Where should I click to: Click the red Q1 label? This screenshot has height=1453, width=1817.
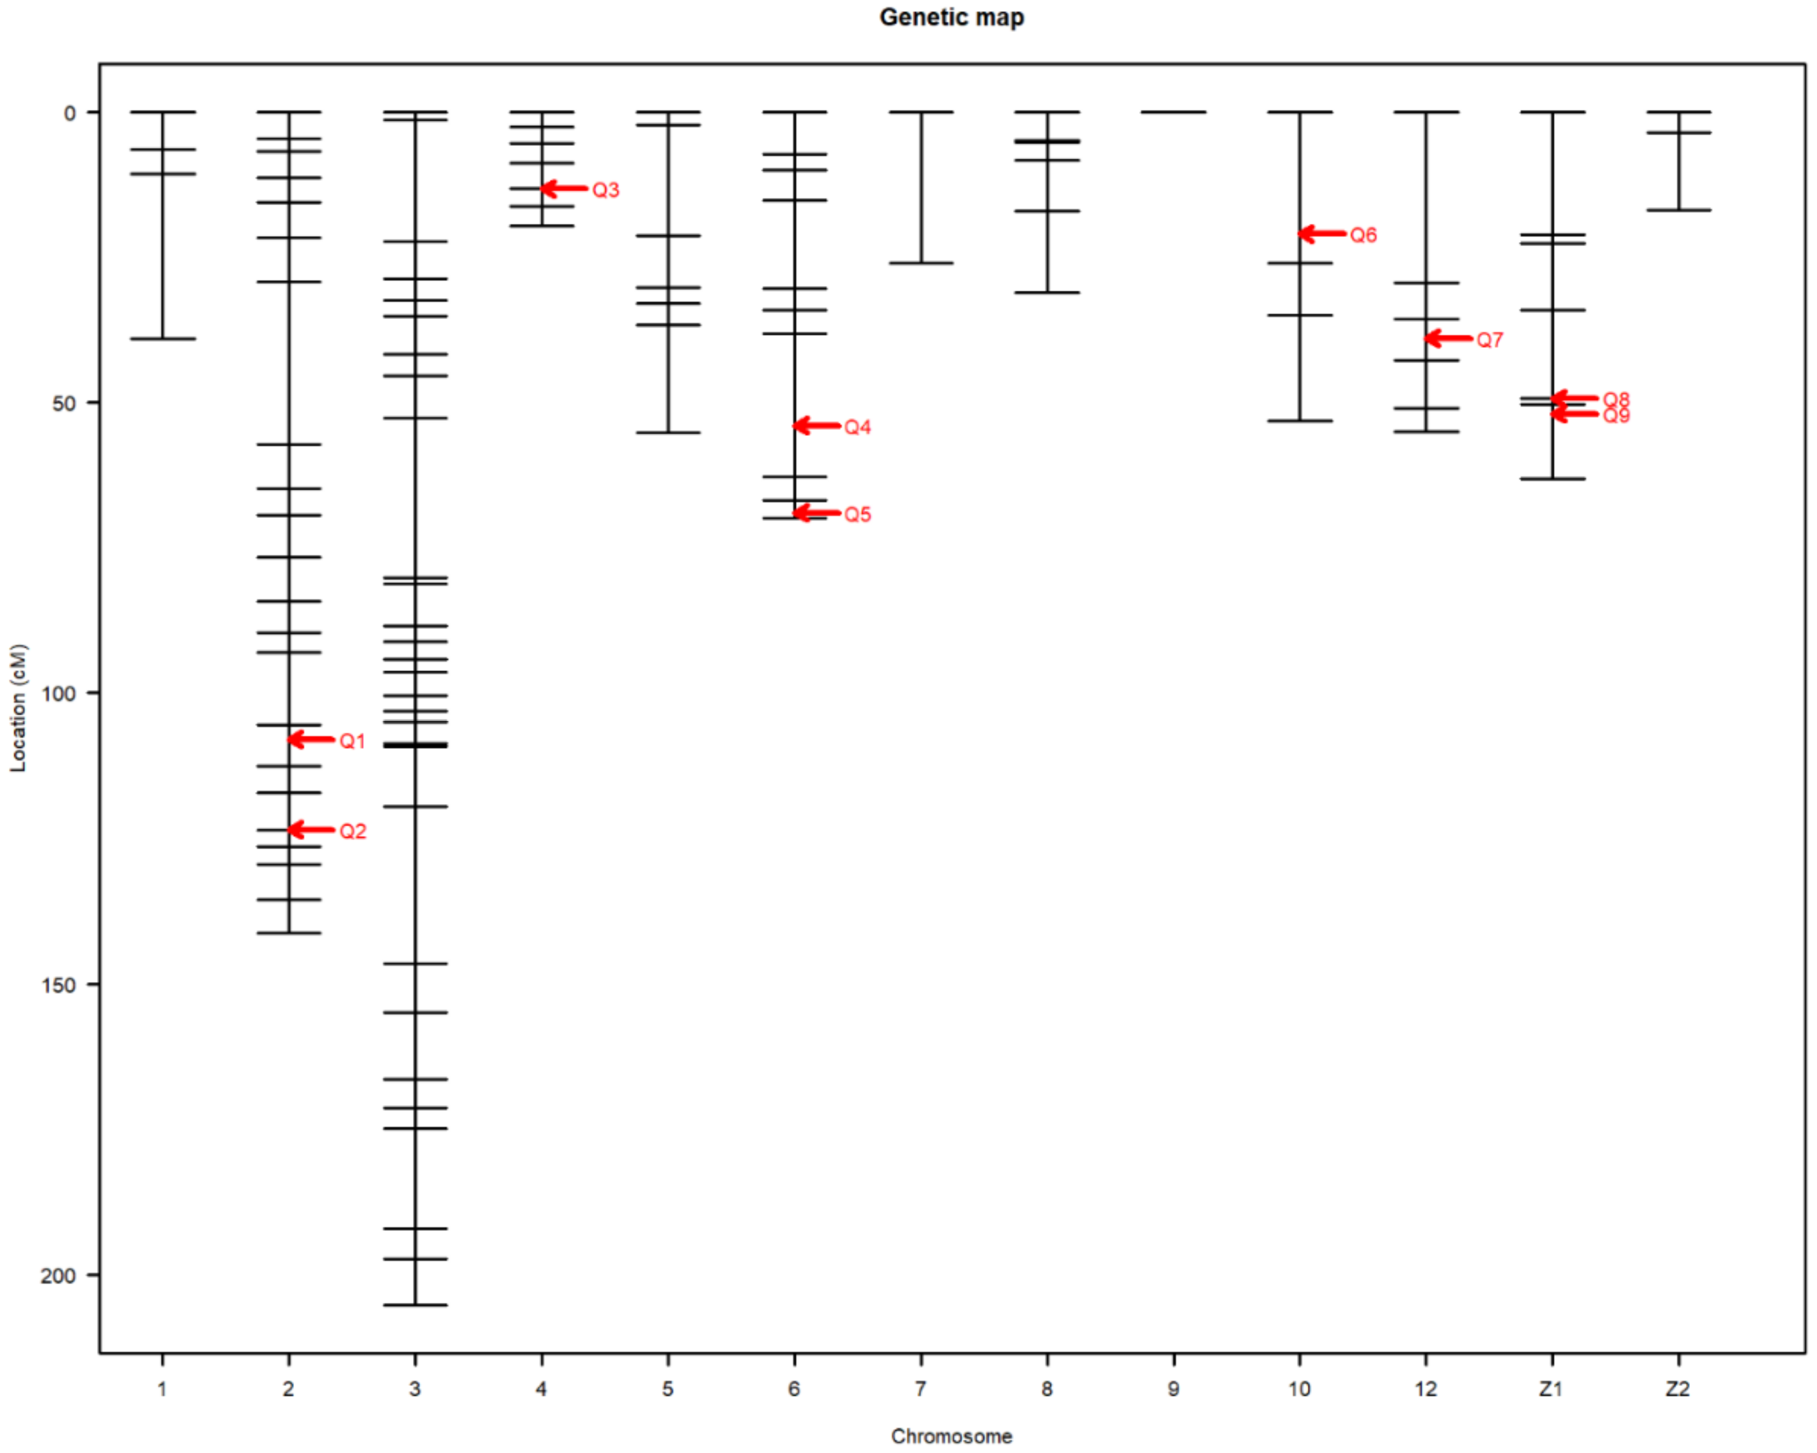pos(352,741)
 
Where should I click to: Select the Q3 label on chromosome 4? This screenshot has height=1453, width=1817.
pos(605,190)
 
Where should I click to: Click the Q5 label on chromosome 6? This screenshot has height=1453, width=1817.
pos(857,514)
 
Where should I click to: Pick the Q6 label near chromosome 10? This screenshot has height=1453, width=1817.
pos(1363,235)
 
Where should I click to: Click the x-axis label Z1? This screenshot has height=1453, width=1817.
pos(1551,1388)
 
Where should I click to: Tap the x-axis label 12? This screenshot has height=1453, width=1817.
pos(1425,1388)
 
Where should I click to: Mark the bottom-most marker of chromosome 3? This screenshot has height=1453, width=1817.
pos(415,1305)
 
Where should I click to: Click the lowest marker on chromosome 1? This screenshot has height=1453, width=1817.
pos(162,339)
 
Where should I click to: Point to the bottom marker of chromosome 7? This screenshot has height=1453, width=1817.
pos(921,263)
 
